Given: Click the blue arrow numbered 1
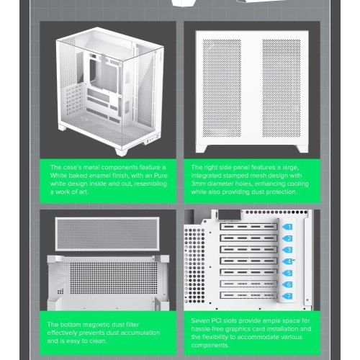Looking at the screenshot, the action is click(287, 227).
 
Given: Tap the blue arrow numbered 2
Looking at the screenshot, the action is click(287, 238).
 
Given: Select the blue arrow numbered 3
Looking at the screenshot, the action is click(287, 250).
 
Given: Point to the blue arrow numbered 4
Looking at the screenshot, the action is click(287, 261).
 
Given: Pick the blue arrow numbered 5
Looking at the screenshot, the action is click(287, 273).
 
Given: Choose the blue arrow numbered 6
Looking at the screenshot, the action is click(287, 284).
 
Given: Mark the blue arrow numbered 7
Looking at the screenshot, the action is click(287, 296).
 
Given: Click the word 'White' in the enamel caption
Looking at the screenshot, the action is click(58, 176).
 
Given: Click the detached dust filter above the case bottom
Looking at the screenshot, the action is click(107, 234).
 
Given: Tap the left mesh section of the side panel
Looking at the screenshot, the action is click(222, 88).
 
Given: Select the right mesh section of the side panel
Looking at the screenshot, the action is click(281, 88).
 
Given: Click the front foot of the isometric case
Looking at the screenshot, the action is click(122, 152).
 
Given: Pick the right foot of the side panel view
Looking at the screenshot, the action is click(302, 148).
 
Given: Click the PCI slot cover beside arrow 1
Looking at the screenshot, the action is click(248, 227).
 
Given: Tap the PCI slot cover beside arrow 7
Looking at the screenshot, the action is click(248, 295).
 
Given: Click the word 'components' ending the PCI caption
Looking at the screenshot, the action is click(210, 346).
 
